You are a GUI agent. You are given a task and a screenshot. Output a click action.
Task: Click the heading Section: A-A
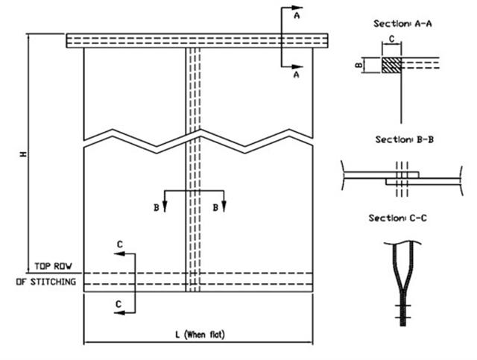tap(402, 23)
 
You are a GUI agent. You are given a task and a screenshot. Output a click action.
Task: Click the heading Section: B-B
tap(404, 139)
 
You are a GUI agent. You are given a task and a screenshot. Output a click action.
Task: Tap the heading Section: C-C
tap(397, 218)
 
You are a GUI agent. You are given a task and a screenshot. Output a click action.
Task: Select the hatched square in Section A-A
tap(391, 65)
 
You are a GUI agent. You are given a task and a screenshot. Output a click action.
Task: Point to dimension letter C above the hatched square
tap(391, 39)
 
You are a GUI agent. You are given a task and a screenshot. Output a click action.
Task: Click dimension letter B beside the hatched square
tap(359, 65)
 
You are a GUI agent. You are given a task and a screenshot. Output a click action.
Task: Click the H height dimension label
tap(23, 154)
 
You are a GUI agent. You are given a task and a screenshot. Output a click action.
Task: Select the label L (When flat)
tap(200, 335)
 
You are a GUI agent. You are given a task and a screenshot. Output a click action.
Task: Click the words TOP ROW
tap(53, 266)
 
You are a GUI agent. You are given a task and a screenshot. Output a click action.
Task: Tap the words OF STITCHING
tap(46, 282)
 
